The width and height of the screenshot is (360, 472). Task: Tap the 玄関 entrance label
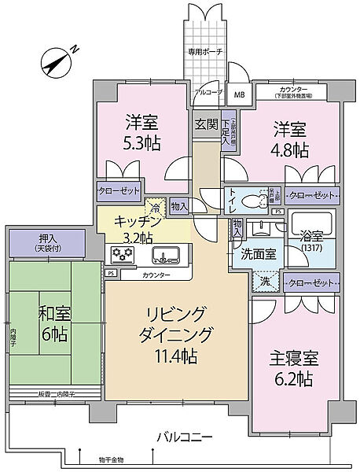[x=206, y=124]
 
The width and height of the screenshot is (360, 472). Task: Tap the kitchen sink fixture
[x=167, y=255]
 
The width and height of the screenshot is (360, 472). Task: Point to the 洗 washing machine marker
[x=265, y=281]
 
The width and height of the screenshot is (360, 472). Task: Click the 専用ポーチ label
[x=204, y=51]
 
